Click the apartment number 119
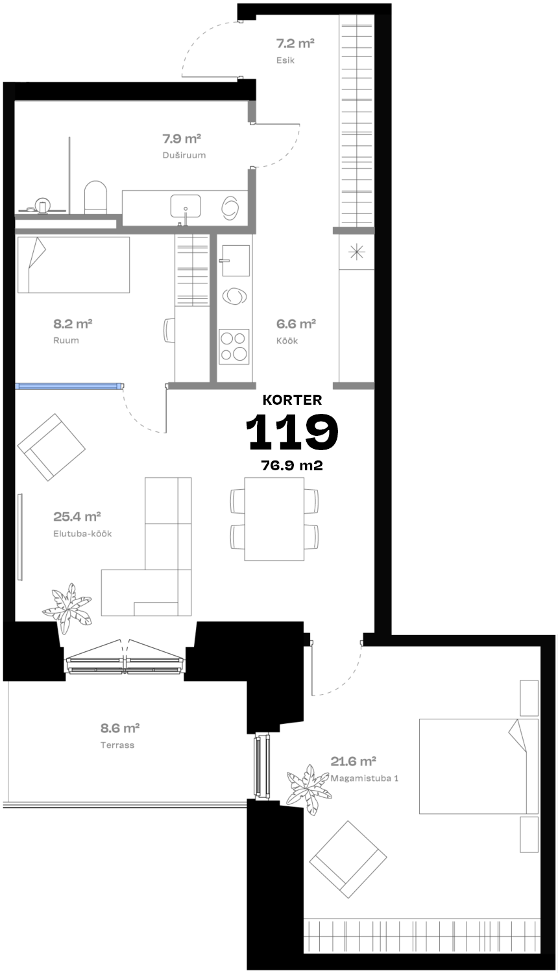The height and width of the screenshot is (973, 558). point(291,431)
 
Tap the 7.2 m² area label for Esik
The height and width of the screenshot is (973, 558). point(295,43)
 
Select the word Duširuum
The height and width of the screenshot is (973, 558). point(184,155)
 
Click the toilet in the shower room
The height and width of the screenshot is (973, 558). point(95,197)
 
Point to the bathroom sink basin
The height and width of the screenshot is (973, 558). point(185,206)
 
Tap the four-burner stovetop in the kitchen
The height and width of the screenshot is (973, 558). point(234,346)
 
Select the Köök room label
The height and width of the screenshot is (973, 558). point(287,341)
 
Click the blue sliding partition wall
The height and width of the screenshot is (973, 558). point(67,386)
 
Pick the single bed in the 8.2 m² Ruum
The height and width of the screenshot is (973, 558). point(73,265)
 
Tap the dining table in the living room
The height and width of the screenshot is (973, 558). point(274,519)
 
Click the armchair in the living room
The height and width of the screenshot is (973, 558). point(51,447)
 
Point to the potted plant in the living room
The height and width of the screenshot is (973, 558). point(67,607)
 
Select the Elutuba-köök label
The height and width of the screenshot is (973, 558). point(82,533)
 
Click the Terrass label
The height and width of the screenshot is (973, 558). point(117,745)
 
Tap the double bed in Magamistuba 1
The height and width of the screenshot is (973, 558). point(478,766)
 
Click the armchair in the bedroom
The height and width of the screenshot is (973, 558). point(348,859)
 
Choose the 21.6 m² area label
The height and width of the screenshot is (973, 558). point(353,761)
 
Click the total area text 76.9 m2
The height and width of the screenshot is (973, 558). point(291,466)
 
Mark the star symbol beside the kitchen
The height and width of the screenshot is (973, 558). point(357,252)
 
